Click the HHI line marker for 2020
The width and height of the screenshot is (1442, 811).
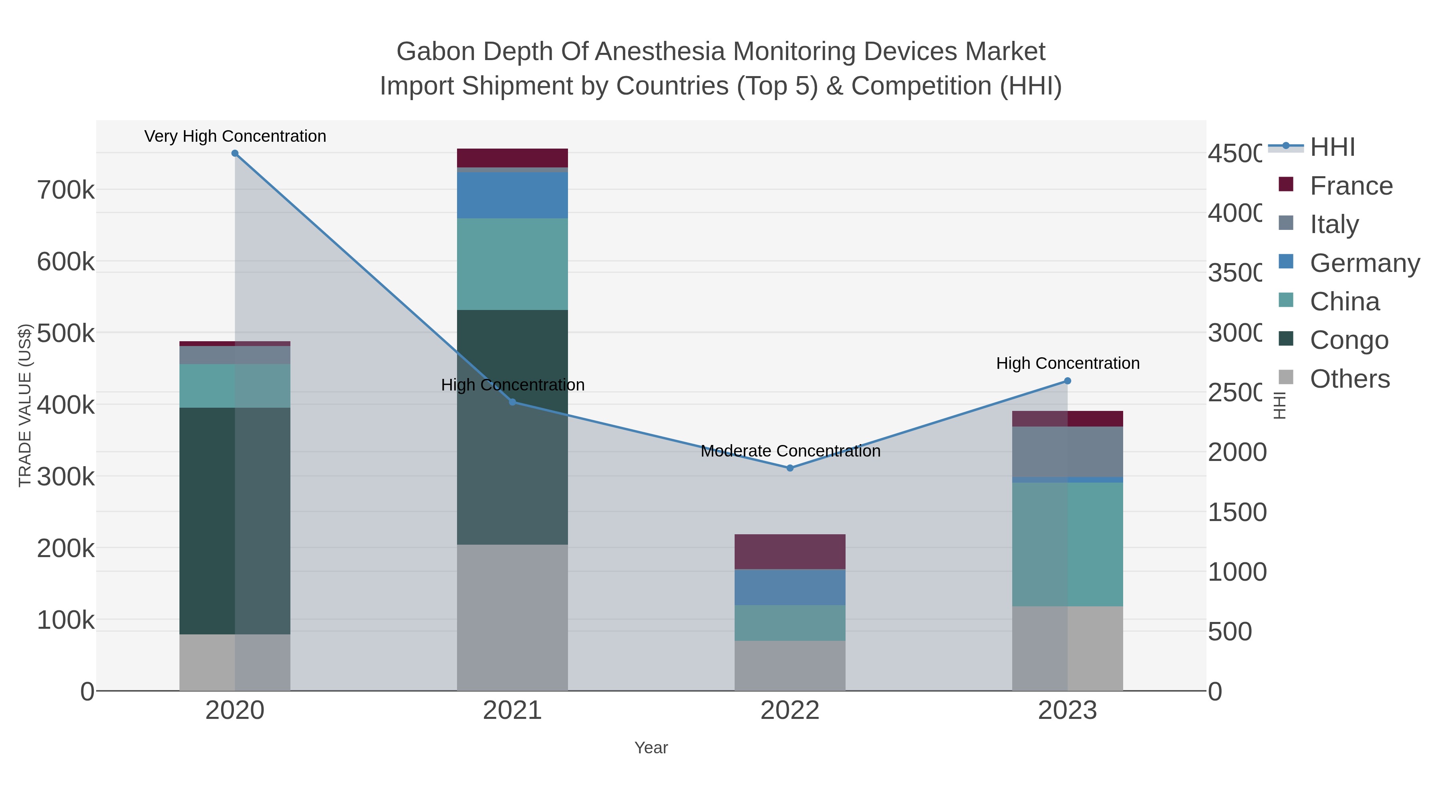tap(235, 153)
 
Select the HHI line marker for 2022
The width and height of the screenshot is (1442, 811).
tap(790, 468)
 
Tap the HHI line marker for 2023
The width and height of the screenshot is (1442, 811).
tap(1067, 381)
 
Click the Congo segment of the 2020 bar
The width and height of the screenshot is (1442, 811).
tap(235, 521)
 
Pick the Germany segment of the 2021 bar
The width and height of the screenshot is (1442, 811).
tap(512, 195)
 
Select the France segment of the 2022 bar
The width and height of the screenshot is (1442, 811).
tap(790, 551)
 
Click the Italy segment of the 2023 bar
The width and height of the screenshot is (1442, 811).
tap(1067, 452)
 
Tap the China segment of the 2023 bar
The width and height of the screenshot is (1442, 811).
tap(1067, 544)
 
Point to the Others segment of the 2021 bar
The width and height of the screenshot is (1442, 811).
tap(512, 617)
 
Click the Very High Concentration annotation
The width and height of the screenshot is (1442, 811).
tap(235, 136)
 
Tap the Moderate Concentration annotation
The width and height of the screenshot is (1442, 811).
tap(790, 451)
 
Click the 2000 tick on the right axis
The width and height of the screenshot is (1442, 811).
tap(1237, 452)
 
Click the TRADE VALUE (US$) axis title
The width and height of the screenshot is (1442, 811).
tap(25, 405)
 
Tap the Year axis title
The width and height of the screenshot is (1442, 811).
tap(651, 748)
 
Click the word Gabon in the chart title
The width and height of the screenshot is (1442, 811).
tap(435, 52)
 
